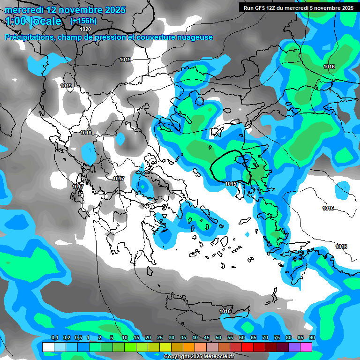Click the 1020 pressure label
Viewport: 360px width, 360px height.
(x=85, y=29)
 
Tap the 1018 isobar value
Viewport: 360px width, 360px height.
(x=86, y=133)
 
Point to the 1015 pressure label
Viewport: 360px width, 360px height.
(x=231, y=184)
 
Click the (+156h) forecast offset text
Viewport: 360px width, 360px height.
(x=83, y=21)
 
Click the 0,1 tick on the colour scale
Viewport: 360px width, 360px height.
(x=54, y=338)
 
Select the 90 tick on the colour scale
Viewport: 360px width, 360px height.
(x=312, y=338)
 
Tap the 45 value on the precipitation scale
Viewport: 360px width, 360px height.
(x=207, y=338)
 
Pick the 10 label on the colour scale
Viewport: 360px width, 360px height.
(x=125, y=338)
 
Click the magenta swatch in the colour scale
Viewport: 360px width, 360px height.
(x=306, y=347)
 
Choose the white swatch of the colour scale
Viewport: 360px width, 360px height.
(x=48, y=347)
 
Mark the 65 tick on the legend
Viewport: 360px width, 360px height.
(x=254, y=338)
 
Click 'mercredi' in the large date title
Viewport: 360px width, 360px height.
(x=24, y=10)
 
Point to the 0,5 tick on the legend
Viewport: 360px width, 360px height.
(x=78, y=338)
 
